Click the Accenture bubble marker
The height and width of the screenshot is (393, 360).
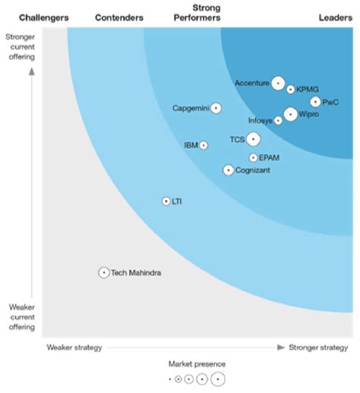tap(278, 84)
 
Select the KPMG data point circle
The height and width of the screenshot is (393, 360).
tap(291, 89)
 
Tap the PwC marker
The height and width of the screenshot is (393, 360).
tap(315, 102)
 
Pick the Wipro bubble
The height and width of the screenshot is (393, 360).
tap(290, 115)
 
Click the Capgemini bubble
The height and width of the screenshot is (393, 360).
tap(216, 108)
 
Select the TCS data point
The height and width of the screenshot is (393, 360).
tap(253, 139)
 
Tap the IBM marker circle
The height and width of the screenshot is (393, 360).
tap(204, 145)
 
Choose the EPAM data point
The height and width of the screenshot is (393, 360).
tap(253, 158)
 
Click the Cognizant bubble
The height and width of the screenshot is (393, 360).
tap(229, 170)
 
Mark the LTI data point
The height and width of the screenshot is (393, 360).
tap(166, 201)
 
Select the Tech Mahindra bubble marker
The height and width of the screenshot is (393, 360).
tap(104, 272)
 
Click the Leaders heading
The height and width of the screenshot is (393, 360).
tap(334, 17)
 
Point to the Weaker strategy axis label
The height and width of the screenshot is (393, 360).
tap(74, 347)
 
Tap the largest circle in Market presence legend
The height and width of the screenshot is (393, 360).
tap(219, 379)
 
